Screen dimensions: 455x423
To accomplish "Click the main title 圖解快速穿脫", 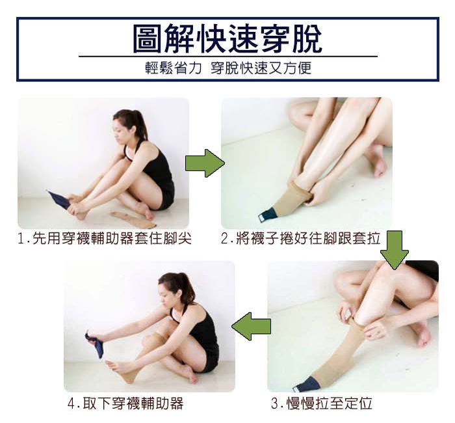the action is point(227,38).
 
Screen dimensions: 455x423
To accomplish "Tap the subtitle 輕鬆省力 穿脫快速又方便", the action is point(228,68).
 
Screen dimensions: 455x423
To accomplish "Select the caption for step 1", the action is point(105,239).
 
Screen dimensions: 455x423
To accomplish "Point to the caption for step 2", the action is point(300,239).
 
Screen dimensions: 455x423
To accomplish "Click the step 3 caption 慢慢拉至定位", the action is point(322,403).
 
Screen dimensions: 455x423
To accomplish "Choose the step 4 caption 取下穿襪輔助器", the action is point(125,403).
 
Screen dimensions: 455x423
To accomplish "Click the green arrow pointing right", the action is point(205,163).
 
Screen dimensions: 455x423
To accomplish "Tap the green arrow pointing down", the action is point(395,250).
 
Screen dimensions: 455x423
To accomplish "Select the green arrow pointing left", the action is point(252,326).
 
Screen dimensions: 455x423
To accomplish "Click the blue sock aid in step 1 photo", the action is point(60,198).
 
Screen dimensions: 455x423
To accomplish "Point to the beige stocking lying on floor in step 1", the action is point(133,220).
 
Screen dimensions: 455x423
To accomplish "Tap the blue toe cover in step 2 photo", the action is point(265,215).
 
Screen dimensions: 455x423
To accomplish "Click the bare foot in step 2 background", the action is point(376,161).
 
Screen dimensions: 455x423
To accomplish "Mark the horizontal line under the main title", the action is point(228,56).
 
